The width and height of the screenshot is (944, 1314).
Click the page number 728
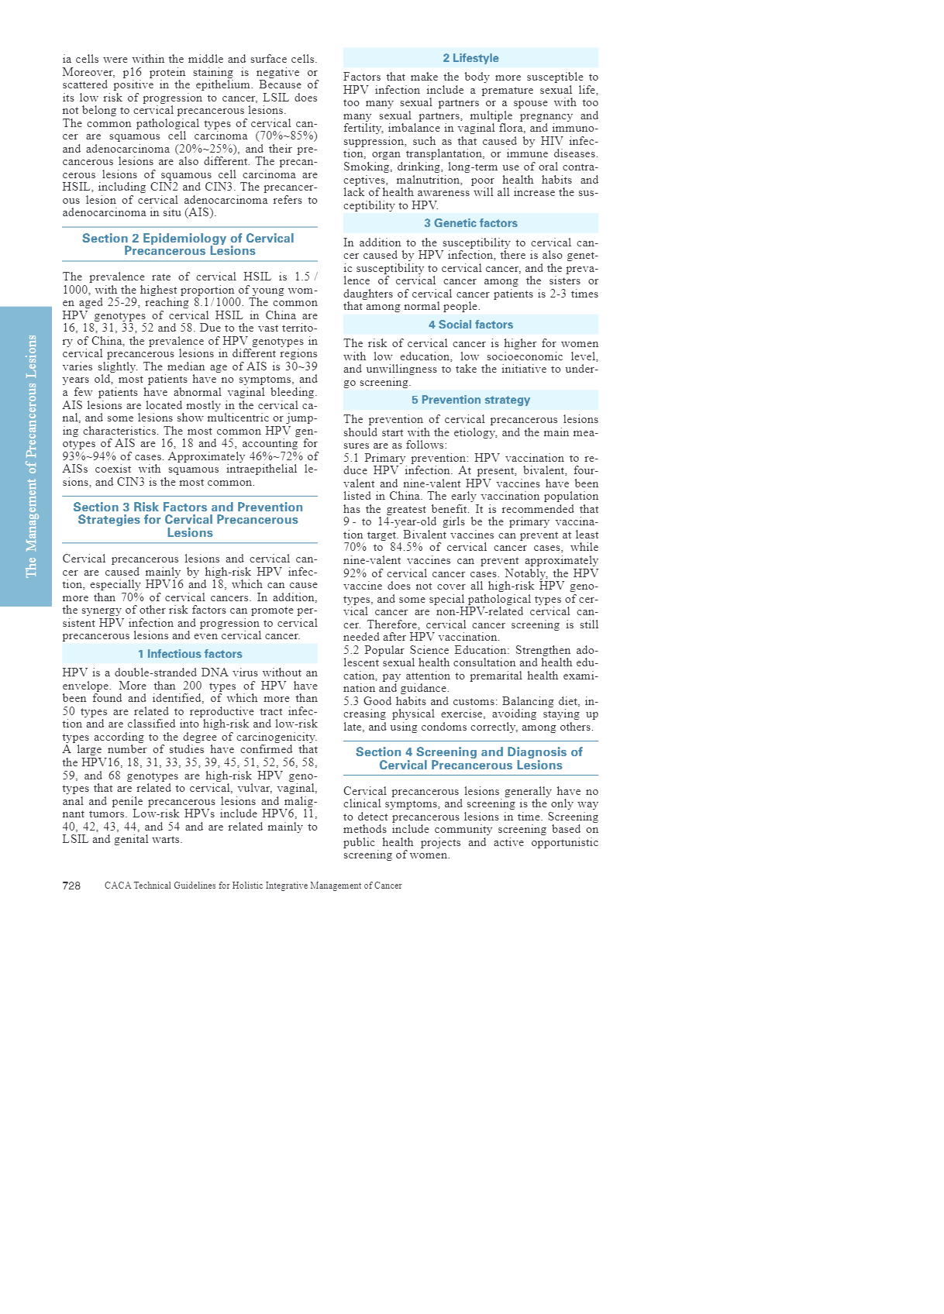[x=71, y=886]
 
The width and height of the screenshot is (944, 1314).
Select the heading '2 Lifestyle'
[x=470, y=58]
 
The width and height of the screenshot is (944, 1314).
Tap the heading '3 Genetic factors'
[x=470, y=223]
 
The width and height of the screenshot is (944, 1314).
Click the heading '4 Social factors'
[x=470, y=325]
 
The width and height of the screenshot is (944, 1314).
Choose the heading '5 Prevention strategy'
[x=470, y=400]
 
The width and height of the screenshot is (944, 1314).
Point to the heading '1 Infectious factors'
[x=190, y=654]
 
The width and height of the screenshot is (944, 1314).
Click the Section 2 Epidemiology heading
[x=189, y=245]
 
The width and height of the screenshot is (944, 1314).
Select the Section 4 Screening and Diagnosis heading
[x=470, y=758]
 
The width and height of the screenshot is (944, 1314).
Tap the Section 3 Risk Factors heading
[x=189, y=520]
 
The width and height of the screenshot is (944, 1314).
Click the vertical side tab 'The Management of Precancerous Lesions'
[x=31, y=456]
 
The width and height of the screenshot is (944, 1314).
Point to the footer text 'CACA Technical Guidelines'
[x=253, y=886]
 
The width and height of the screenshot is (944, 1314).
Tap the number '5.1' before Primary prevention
[x=351, y=458]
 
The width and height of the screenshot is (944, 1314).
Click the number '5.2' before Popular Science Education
[x=351, y=650]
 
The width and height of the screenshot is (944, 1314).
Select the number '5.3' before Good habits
[x=351, y=701]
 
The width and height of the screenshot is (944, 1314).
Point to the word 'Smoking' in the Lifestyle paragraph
[x=367, y=167]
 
